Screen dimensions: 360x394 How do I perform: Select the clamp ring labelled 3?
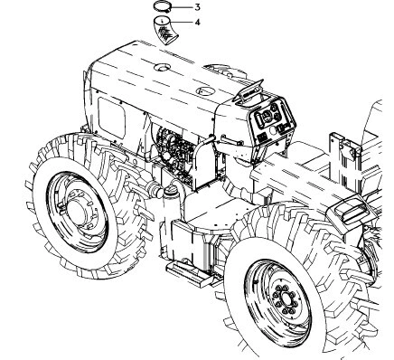pyautogui.click(x=162, y=8)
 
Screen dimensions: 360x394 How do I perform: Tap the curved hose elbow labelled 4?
pyautogui.click(x=164, y=33)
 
